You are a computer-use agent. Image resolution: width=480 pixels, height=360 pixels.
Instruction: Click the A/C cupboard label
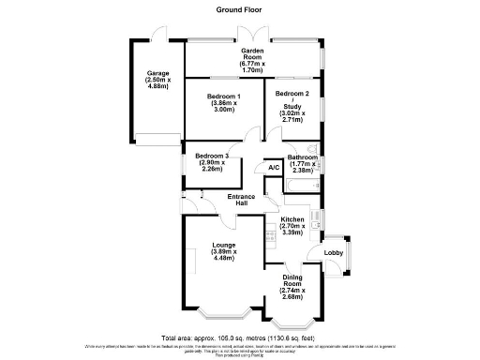(274, 167)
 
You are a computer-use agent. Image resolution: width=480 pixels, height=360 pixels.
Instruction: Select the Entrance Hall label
(242, 200)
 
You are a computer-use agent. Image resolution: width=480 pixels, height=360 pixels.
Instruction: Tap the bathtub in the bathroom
(302, 191)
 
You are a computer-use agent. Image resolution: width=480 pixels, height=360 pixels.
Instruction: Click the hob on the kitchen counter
(272, 232)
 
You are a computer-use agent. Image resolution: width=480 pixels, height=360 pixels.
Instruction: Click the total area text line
(240, 337)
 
